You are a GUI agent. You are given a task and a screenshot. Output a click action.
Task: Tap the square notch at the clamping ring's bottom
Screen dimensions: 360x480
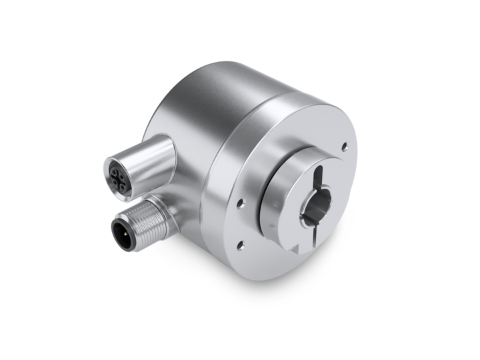pos(296,248)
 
